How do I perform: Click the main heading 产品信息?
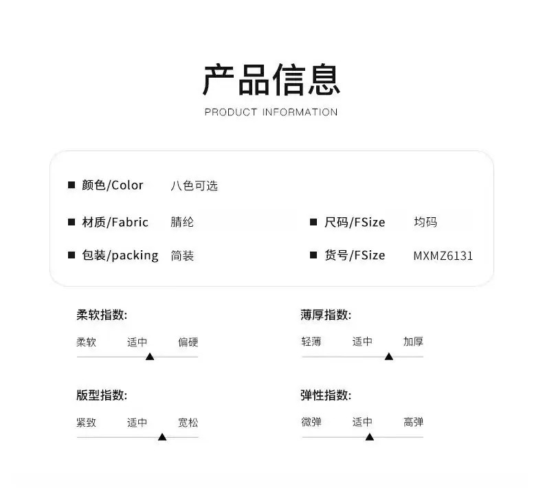coord(271,80)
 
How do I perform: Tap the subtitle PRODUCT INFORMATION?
coord(271,112)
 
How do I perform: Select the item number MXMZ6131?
coord(443,256)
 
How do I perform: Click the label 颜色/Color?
coord(113,186)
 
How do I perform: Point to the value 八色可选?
coord(194,186)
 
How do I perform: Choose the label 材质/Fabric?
coord(115,222)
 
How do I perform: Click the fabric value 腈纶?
coord(182,222)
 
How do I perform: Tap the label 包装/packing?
coord(120,256)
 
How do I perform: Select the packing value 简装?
coord(182,256)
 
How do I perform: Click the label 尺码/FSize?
coord(355,222)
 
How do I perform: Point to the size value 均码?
coord(425,221)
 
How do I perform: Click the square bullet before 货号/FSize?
coord(313,255)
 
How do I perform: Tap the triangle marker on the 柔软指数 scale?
coord(150,357)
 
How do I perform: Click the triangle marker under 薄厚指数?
coord(389,357)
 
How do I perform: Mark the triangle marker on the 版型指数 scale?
coord(162,436)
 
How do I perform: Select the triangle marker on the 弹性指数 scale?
coord(370,436)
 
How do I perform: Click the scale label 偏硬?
coord(188,342)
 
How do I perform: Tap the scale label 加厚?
coord(413,342)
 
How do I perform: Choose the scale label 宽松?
coord(188,423)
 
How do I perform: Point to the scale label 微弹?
coord(311,422)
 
